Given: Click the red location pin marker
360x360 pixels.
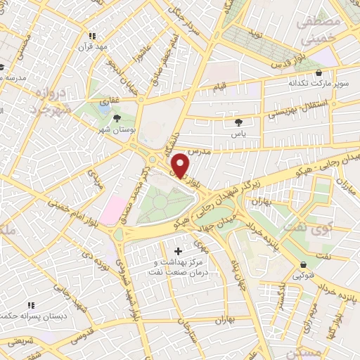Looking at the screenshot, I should click(x=181, y=165).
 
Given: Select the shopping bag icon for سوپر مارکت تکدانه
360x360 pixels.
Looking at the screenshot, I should click(x=320, y=72).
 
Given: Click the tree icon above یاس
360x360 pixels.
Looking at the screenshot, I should click(x=239, y=122).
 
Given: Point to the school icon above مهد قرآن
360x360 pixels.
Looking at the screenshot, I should click(x=92, y=36).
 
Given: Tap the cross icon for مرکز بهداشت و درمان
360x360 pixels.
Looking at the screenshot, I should click(x=178, y=251).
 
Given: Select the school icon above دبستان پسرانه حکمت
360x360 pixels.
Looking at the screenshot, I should click(x=30, y=305).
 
